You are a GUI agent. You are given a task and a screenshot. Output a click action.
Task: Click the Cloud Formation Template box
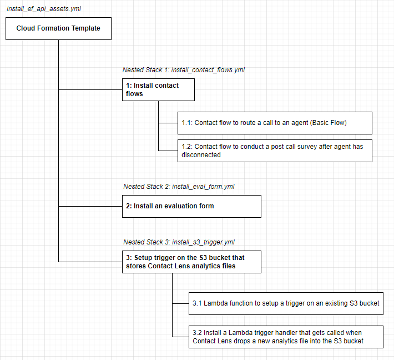tap(58, 28)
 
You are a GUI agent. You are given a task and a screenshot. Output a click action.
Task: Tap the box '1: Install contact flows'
tap(158, 89)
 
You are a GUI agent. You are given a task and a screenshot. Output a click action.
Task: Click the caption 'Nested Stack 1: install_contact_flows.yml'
tap(183, 70)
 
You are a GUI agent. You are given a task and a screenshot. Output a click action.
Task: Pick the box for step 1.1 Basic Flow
tap(276, 123)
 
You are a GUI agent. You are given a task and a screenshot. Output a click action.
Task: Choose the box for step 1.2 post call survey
tap(276, 151)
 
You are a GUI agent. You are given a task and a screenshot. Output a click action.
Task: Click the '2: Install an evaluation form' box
tap(191, 206)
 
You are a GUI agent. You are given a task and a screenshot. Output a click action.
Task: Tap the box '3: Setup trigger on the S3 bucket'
tap(191, 262)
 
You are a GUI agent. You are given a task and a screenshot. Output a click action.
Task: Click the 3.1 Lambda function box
tap(286, 303)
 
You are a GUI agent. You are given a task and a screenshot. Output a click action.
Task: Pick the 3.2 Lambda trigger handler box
tap(286, 337)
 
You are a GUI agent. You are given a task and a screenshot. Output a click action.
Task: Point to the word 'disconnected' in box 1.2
tap(201, 155)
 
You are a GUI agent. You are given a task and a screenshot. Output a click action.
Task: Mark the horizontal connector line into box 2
tap(90, 206)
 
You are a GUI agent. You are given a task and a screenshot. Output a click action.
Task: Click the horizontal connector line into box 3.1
tap(180, 303)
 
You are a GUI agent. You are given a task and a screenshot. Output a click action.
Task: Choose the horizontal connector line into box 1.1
tap(168, 123)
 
